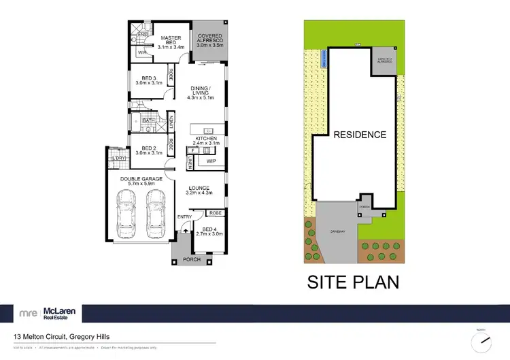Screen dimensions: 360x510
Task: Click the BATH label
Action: tap(148, 120)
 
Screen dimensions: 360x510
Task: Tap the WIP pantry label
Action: tap(210, 161)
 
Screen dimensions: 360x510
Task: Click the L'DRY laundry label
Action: tap(120, 159)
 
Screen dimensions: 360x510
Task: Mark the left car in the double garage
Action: tap(126, 212)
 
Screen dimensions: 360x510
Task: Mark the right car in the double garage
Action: tap(156, 212)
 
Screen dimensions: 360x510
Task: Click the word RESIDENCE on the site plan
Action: tap(360, 135)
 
